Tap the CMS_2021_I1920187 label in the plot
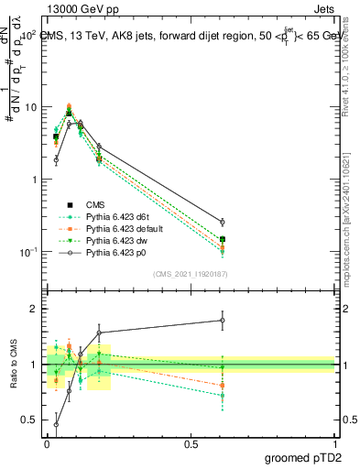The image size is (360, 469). coord(189,273)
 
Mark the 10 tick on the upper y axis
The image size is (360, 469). coord(30,107)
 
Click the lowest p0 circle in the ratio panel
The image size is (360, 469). coord(56,424)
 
